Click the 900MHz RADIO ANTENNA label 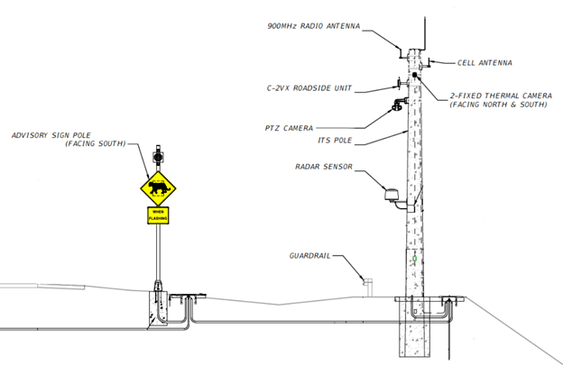pos(313,26)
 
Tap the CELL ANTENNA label pos(485,63)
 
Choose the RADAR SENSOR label pos(323,167)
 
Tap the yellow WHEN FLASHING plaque pos(158,215)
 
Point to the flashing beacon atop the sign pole pos(158,155)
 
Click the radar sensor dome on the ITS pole pos(392,194)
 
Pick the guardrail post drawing pos(367,284)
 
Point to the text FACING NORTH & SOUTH pos(500,105)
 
